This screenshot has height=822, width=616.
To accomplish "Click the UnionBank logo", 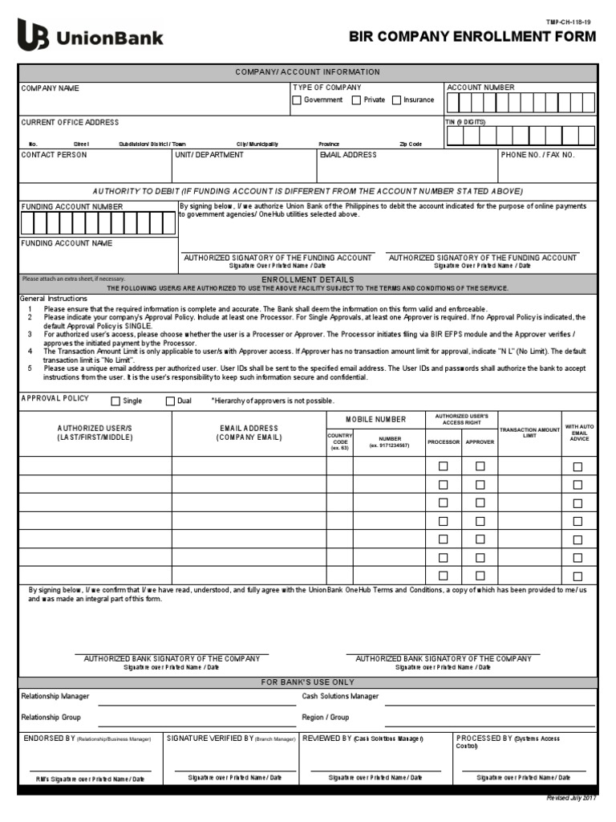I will tap(90, 36).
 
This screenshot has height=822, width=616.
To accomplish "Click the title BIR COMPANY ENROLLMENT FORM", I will tap(472, 37).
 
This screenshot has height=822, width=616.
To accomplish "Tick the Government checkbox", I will tap(297, 100).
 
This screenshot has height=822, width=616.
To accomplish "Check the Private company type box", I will tap(356, 100).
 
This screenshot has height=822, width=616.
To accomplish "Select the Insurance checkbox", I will tap(396, 100).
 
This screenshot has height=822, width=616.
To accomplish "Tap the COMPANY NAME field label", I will tap(50, 88).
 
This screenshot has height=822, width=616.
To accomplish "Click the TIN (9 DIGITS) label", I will tap(465, 122).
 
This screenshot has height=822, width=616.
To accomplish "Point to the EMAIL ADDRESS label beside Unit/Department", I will tap(348, 155).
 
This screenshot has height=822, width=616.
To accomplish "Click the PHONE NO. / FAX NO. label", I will tap(538, 155).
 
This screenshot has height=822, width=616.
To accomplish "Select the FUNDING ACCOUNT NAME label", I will tap(67, 243).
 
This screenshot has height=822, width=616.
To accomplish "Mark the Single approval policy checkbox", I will tap(115, 401).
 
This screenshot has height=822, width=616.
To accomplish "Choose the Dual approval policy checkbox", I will tap(170, 401).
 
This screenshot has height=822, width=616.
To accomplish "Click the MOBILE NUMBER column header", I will tap(376, 419).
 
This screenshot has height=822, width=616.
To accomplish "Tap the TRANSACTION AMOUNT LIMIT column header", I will tap(529, 433).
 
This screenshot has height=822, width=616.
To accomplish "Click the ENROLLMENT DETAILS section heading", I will tap(308, 279).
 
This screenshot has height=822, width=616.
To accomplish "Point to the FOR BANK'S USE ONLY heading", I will tap(308, 682).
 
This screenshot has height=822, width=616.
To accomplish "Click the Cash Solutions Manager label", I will tap(340, 696).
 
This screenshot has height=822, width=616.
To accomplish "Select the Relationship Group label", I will tap(51, 717).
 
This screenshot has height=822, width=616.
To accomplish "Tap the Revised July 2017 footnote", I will tap(572, 798).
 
